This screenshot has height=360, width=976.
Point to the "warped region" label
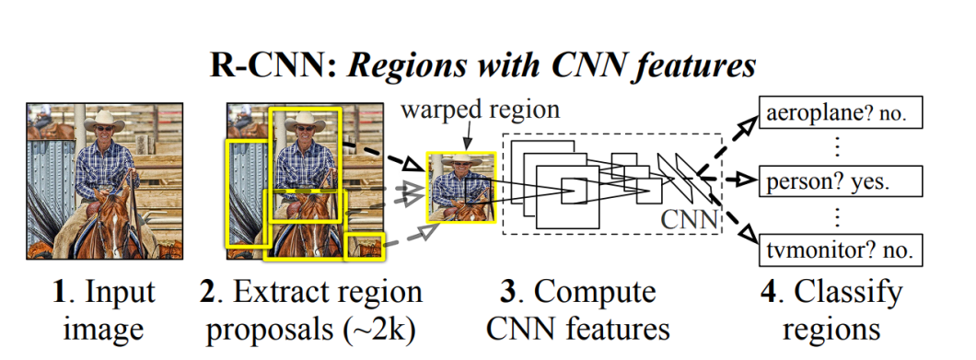(x=480, y=110)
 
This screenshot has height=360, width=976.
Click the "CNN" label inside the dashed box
(x=686, y=221)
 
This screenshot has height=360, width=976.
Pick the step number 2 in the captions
(x=209, y=293)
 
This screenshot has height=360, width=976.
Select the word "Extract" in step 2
(x=279, y=293)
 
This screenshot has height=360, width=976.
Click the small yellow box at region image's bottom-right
(x=363, y=247)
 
